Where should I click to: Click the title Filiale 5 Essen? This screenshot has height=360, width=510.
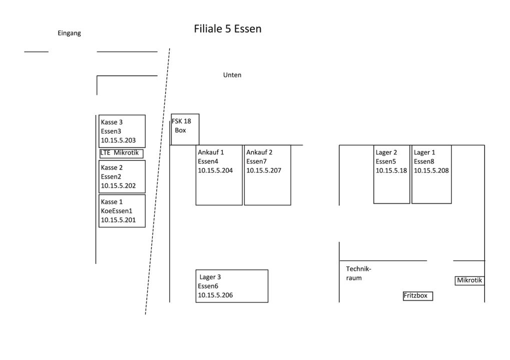click(228, 29)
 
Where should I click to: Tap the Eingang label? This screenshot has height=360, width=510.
click(69, 33)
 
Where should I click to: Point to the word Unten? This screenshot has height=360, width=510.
click(232, 75)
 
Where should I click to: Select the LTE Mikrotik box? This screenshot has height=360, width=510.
click(122, 153)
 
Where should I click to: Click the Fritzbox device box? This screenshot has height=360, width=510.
click(417, 295)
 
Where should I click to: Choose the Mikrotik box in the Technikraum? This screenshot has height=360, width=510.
click(469, 280)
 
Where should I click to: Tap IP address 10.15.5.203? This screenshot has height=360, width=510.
click(119, 140)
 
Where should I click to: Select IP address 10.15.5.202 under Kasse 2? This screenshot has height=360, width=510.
click(119, 185)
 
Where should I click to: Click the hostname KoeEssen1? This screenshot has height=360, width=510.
click(117, 210)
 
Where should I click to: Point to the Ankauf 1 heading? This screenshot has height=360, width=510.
click(211, 152)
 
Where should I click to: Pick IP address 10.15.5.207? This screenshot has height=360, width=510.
click(264, 170)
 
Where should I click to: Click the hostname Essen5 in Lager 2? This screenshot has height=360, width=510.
click(386, 161)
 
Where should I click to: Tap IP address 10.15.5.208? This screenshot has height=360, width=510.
click(431, 170)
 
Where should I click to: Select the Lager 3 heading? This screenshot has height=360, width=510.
click(210, 277)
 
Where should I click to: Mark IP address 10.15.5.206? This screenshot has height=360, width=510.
click(215, 295)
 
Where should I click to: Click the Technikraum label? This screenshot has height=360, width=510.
click(358, 273)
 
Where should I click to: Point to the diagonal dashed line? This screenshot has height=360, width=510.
click(157, 182)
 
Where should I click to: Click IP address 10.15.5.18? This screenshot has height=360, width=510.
click(391, 170)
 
